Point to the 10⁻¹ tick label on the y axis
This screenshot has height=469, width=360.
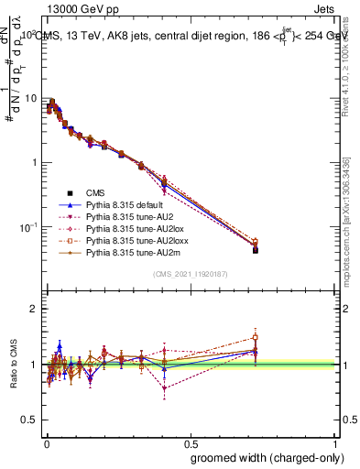pyautogui.click(x=27, y=226)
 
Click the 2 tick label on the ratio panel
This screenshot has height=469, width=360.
pyautogui.click(x=35, y=309)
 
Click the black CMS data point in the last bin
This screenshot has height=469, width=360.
pyautogui.click(x=255, y=249)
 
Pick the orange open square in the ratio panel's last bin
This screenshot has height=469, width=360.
pyautogui.click(x=255, y=337)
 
